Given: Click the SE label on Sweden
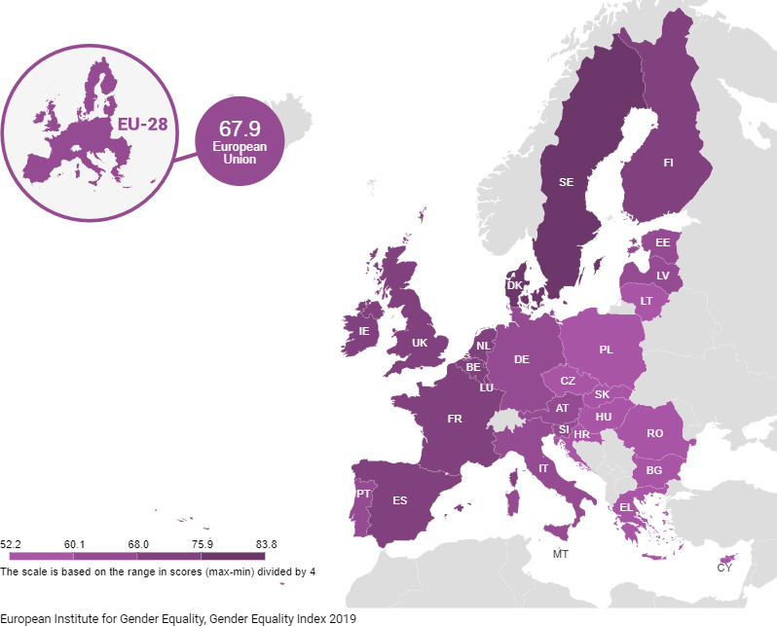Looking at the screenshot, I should (x=566, y=182).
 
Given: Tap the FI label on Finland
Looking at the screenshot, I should (x=669, y=163).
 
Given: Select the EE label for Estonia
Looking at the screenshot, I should (x=662, y=242).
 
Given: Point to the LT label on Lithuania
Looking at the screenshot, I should (x=646, y=301).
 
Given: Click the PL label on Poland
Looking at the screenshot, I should (x=606, y=350).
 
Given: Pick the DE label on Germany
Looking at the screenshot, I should (x=522, y=359).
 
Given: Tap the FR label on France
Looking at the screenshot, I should (x=454, y=419).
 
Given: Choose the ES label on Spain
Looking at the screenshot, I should (x=399, y=500).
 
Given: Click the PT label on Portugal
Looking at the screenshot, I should (x=363, y=494).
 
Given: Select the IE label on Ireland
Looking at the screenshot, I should (x=364, y=331).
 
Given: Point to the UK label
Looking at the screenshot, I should (x=420, y=343).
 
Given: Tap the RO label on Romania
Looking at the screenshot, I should (x=654, y=433).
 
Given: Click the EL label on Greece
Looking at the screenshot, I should (x=625, y=507).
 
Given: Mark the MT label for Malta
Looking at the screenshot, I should (x=561, y=555).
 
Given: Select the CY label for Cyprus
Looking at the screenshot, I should (x=724, y=568).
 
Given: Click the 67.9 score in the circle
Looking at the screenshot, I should (x=239, y=129).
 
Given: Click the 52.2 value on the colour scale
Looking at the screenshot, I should (x=13, y=544).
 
